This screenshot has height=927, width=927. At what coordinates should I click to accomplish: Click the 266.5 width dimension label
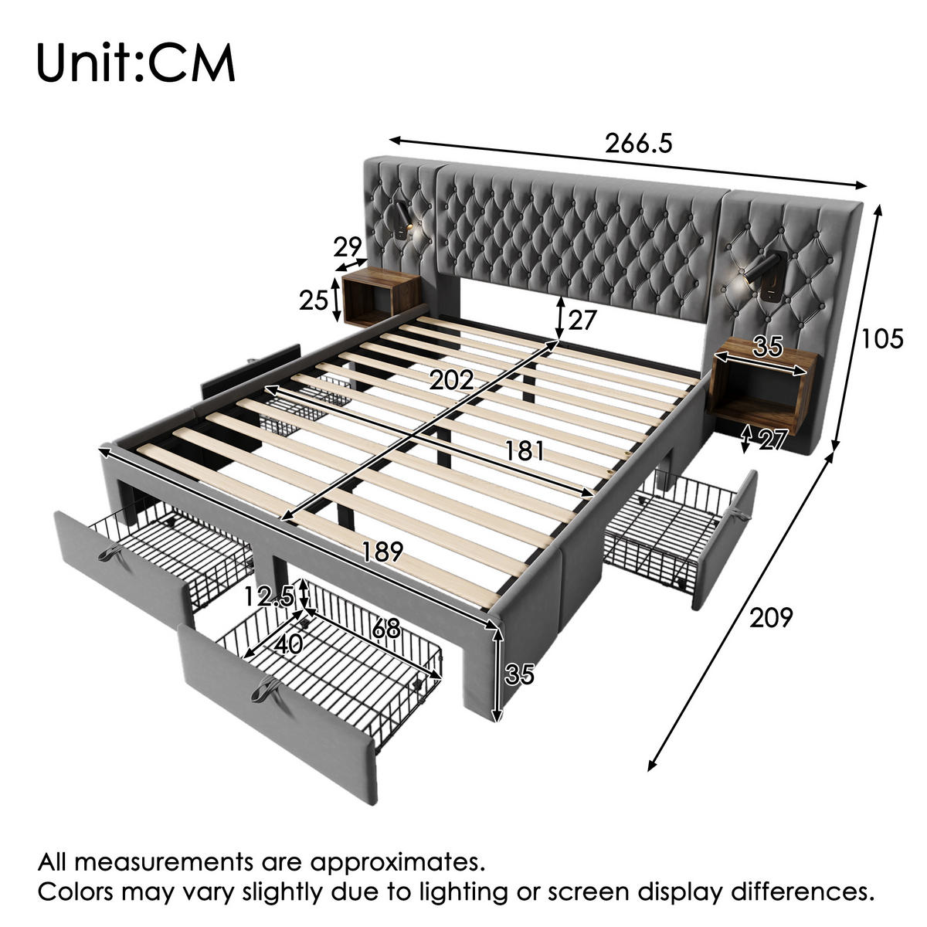pos(638,144)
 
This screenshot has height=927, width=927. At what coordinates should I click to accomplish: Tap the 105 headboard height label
pos(881,338)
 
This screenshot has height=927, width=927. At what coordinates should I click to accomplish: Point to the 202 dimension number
pos(452,381)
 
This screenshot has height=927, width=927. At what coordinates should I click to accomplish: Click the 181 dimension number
pos(525,450)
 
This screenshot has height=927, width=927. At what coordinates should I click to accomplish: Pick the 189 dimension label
pos(382,552)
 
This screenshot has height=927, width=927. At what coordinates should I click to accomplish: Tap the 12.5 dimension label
pos(269,597)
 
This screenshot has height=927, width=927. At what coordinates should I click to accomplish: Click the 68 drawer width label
pos(385,628)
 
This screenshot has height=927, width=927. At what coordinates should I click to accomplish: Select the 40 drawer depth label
pos(289,644)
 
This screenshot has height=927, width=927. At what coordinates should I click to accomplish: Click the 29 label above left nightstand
pos(348,247)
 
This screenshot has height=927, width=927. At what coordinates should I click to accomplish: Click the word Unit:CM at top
pos(136,63)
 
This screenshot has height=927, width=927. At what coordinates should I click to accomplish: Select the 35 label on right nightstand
pos(768,346)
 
